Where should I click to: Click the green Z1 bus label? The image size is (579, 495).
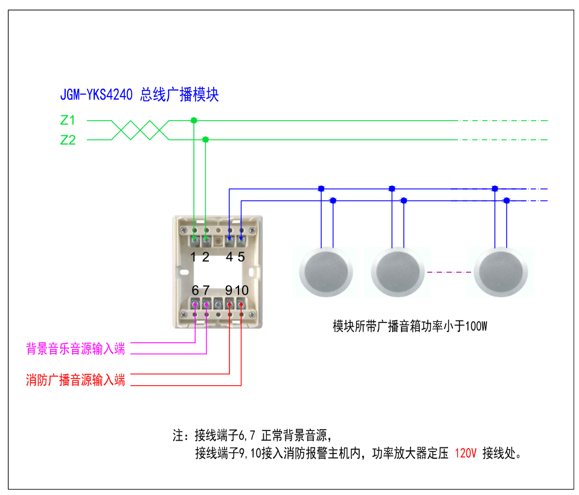pos(68,120)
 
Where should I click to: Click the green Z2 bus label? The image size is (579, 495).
pos(68,140)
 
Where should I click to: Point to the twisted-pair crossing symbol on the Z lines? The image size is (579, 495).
pos(139,130)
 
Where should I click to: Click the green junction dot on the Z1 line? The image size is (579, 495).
pos(193,121)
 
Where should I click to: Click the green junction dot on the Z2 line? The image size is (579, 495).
pos(205,139)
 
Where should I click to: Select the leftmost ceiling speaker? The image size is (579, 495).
pos(327,272)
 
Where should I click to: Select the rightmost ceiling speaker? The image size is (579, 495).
pos(501,272)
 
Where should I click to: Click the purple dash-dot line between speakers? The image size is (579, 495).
pos(449,272)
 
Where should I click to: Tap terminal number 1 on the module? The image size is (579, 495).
pos(193,257)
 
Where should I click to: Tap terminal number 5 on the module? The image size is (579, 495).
pos(241,257)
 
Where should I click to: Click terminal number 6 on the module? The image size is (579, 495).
pos(195,290)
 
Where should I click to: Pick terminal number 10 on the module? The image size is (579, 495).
pos(242,290)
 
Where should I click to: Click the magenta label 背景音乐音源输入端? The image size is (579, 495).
pos(75,348)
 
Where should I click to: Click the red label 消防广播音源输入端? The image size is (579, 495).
pos(75,380)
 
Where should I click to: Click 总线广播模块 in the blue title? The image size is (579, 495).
pos(179,95)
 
